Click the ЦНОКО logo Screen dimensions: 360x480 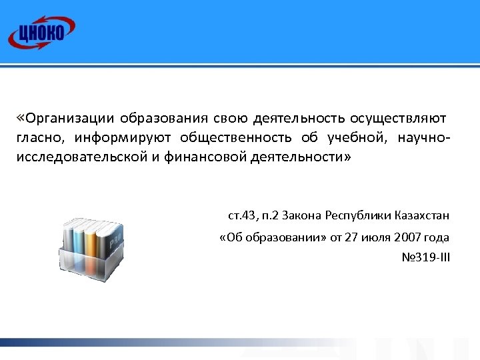pos(41,31)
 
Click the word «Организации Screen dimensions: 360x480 pos(65,119)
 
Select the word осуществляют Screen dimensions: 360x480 pos(399,119)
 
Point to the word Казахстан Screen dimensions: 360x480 pos(419,215)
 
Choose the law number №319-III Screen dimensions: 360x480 pos(425,257)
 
